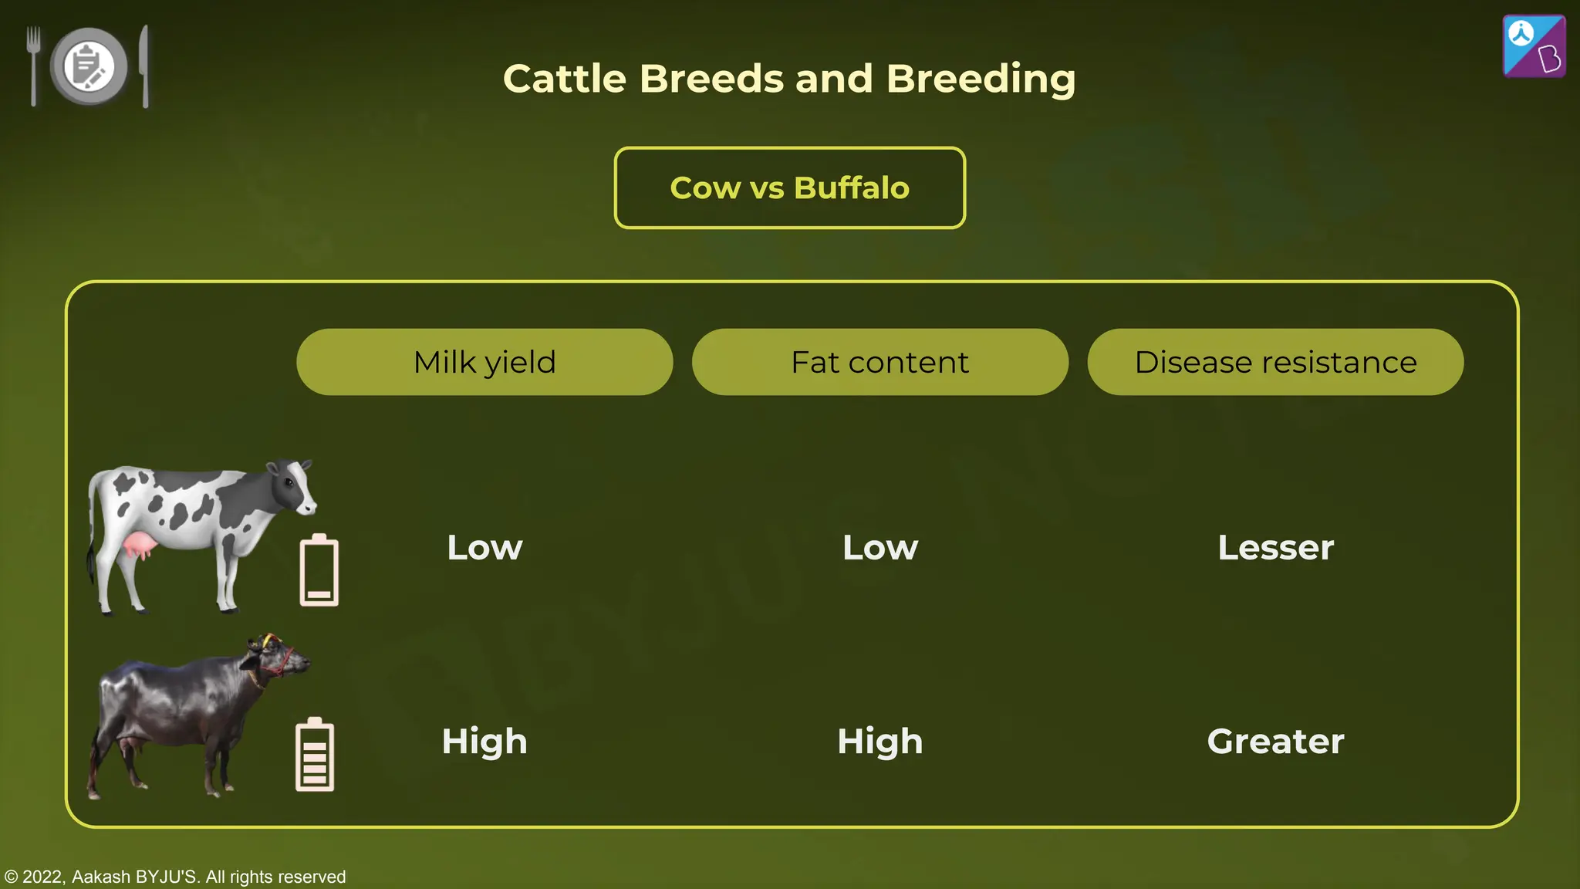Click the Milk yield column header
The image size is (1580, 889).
point(484,362)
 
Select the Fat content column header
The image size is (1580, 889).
point(879,362)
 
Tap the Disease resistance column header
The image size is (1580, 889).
point(1275,362)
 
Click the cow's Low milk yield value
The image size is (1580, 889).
point(484,547)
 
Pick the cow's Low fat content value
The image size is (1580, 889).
point(879,547)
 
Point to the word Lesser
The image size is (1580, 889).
point(1275,547)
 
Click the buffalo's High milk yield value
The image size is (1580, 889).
point(484,741)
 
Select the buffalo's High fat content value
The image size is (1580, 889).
point(879,741)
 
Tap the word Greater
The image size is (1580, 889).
point(1275,741)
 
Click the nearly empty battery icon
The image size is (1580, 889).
point(319,570)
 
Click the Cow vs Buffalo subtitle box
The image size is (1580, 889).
point(789,188)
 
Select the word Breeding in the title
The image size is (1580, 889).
point(981,79)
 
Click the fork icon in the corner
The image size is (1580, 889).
point(33,65)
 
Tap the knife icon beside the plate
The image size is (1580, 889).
point(144,66)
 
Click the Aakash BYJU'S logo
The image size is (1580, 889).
point(1534,46)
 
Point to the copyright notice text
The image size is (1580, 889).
point(175,877)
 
